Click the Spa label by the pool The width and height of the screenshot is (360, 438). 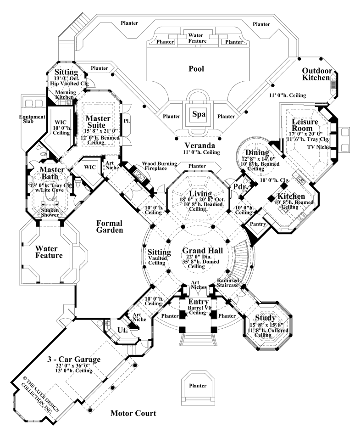click(x=198, y=114)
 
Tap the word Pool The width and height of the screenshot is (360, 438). click(x=196, y=69)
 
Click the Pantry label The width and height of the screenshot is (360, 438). click(x=257, y=224)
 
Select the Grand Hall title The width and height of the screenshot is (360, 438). click(x=202, y=251)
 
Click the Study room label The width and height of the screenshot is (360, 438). click(x=265, y=318)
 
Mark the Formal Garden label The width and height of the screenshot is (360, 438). click(x=110, y=226)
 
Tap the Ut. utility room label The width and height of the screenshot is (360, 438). click(x=123, y=330)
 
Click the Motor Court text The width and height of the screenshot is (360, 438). click(x=133, y=413)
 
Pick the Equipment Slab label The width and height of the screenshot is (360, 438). click(x=32, y=120)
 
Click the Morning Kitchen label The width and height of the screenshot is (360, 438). click(x=65, y=95)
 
